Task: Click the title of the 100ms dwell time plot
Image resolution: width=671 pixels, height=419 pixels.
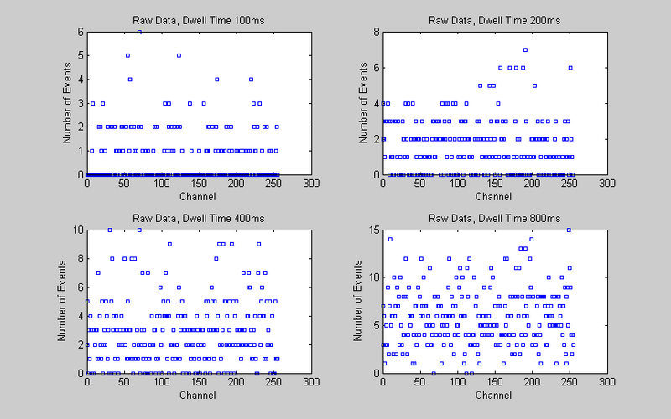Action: tap(198, 20)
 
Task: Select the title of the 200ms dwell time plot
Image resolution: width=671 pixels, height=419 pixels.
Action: tap(494, 20)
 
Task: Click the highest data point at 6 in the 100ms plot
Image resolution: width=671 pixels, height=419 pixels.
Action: tap(139, 31)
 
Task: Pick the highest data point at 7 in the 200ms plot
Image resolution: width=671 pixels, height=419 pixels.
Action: tap(525, 49)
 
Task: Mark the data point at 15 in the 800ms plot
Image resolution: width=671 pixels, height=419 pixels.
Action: tap(569, 230)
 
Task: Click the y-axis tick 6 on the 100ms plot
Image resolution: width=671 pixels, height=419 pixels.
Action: tap(81, 32)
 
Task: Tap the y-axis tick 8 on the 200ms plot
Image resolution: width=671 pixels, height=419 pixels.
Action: tap(377, 32)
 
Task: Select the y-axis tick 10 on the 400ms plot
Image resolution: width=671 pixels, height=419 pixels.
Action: tap(78, 230)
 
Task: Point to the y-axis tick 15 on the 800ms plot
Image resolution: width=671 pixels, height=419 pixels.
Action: tap(374, 230)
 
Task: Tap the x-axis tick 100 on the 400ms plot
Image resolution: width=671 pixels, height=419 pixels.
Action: tap(161, 381)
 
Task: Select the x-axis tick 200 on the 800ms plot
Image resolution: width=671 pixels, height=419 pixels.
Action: tap(532, 381)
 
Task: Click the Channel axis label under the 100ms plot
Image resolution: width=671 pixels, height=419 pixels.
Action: tap(198, 196)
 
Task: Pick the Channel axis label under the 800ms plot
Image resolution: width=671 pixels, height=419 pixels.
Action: tap(494, 394)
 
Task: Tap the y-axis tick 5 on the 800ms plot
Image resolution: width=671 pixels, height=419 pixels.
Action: tap(377, 325)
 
